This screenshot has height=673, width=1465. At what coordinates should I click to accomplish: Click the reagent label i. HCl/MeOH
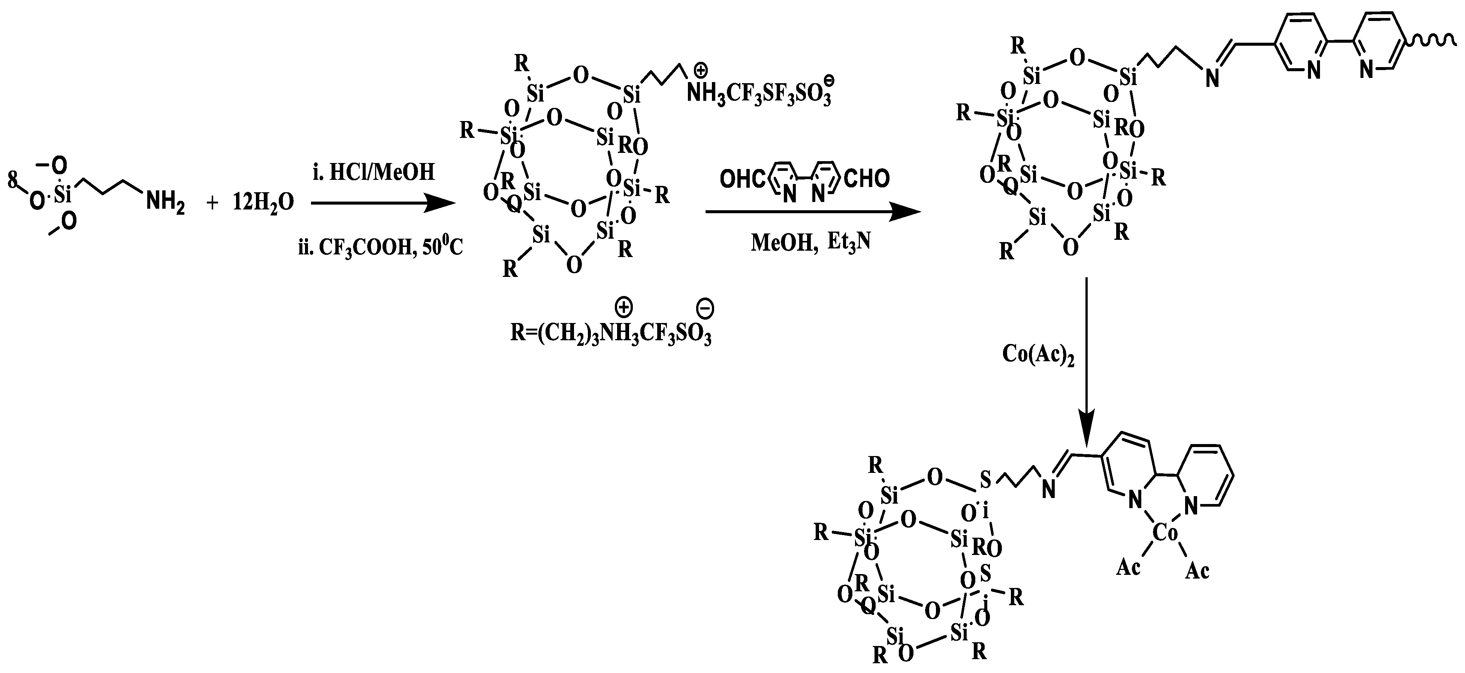374,171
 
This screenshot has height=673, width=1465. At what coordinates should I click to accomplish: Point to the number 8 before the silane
12,181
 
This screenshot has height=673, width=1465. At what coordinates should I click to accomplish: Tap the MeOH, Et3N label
811,243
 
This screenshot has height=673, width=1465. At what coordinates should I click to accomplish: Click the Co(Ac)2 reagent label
1038,354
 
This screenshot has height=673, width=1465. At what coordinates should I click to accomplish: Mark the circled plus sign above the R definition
624,308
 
